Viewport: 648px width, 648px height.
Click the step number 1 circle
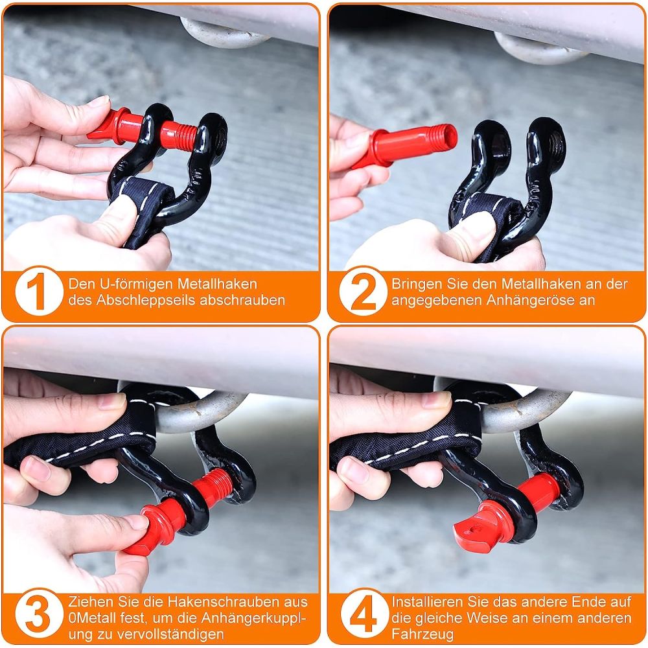point(39,292)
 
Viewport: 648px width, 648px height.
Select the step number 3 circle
point(39,614)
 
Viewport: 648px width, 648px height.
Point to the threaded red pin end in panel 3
point(215,487)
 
